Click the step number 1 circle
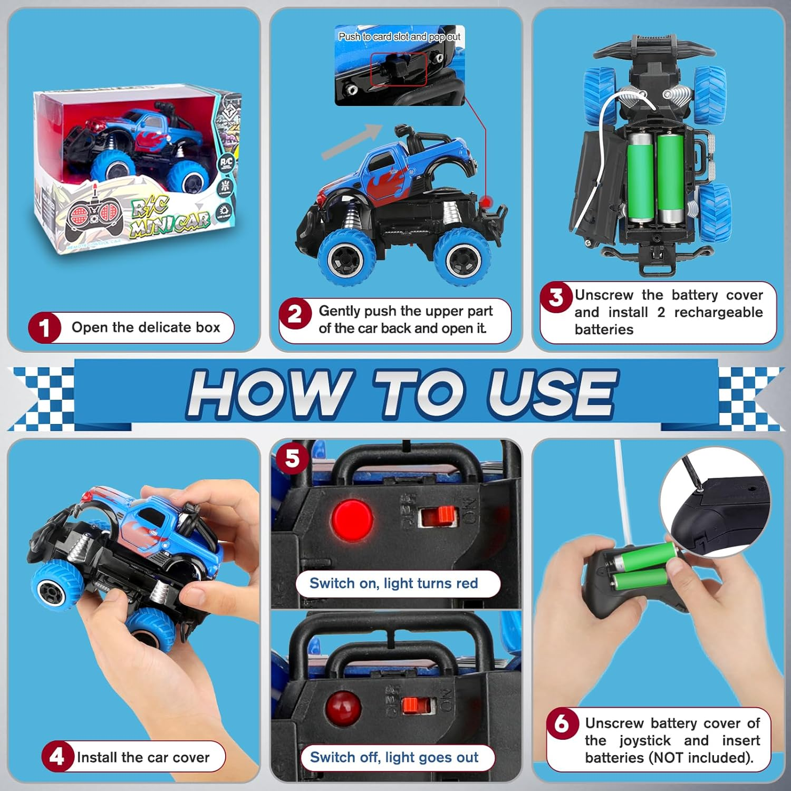tap(44, 327)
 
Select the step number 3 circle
tap(556, 297)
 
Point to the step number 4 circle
tap(57, 757)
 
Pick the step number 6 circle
tap(562, 723)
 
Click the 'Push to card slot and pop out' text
tap(399, 36)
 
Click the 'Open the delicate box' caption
tap(146, 327)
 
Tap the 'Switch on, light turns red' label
tap(393, 583)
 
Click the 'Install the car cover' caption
tap(143, 757)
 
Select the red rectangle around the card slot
tap(398, 69)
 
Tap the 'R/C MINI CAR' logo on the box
tap(169, 216)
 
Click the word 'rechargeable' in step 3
tap(718, 312)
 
